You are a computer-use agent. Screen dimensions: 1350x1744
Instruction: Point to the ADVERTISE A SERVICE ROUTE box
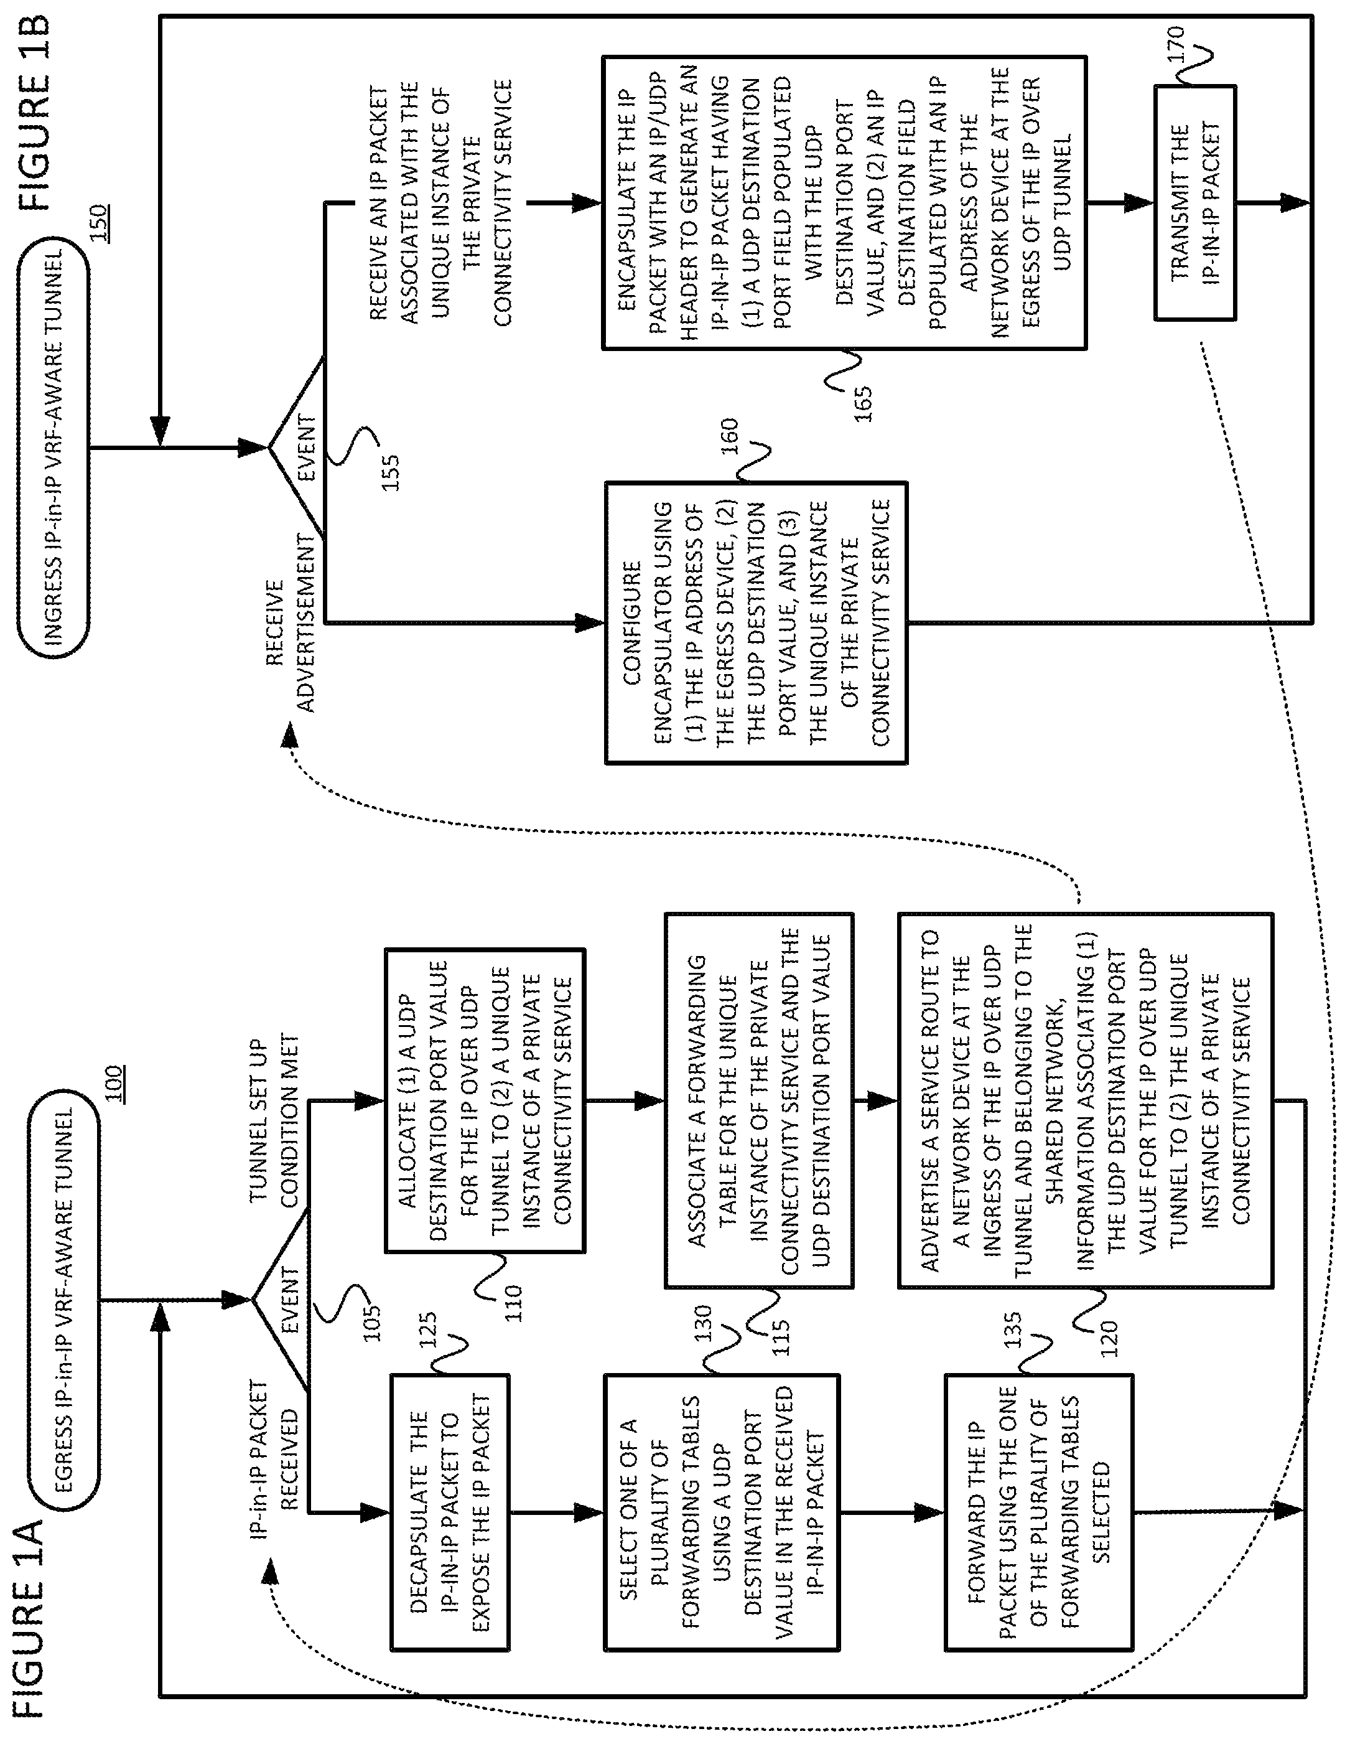pos(1085,1101)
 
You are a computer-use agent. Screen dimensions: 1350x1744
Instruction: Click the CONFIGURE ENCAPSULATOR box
pos(755,623)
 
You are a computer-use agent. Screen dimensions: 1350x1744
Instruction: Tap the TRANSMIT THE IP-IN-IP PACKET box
pos(1194,203)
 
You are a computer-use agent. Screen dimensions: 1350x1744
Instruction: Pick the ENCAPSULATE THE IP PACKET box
pos(844,203)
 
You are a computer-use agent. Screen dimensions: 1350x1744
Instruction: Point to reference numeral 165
pos(862,403)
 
